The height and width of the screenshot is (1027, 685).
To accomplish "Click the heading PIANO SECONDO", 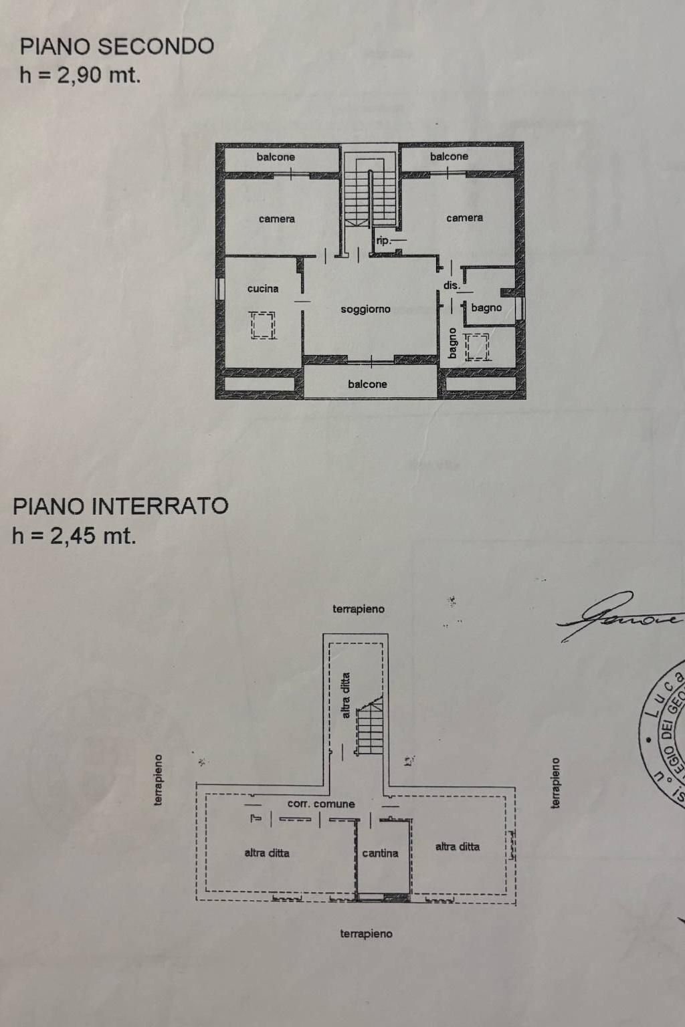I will (x=117, y=46).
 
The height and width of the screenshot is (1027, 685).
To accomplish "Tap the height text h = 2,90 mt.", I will (x=80, y=75).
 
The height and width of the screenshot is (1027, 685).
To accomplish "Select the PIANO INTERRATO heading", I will (x=120, y=506).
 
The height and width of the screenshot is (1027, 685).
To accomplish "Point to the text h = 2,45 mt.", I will (x=74, y=536).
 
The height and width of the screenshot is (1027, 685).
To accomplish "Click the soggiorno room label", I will (x=365, y=310).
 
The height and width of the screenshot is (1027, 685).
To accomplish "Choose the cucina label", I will (x=263, y=289).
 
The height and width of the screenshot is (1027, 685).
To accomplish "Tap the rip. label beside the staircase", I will (x=383, y=241).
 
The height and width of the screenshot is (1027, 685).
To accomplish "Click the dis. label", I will (x=452, y=286).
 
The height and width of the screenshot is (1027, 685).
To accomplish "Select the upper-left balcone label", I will (x=276, y=157).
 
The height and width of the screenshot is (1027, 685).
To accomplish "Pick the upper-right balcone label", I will (x=449, y=156).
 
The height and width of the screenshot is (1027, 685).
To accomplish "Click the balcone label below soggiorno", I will (x=367, y=384).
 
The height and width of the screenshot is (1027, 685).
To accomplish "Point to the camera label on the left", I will (x=277, y=219).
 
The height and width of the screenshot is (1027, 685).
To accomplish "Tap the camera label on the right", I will (x=464, y=218).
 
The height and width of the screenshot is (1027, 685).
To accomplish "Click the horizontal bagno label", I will (x=486, y=308).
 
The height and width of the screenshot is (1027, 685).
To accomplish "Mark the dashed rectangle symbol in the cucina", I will (x=263, y=326).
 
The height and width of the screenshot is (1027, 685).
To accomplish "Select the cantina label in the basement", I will (x=380, y=853).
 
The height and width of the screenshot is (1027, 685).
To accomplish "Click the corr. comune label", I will (x=321, y=804).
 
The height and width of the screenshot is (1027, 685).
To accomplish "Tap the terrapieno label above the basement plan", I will (x=359, y=609).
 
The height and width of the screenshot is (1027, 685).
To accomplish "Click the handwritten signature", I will (x=619, y=616).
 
